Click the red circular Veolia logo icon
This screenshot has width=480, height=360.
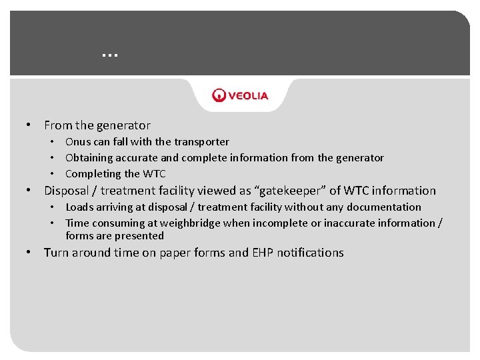click(219, 95)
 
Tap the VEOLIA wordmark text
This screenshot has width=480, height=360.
click(249, 95)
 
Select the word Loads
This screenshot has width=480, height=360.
click(79, 207)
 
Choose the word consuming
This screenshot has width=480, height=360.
click(115, 223)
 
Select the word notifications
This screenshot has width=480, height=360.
click(310, 253)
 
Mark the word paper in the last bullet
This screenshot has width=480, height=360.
click(176, 253)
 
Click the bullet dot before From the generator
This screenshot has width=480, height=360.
click(29, 125)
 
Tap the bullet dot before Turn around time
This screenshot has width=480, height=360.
click(29, 253)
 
